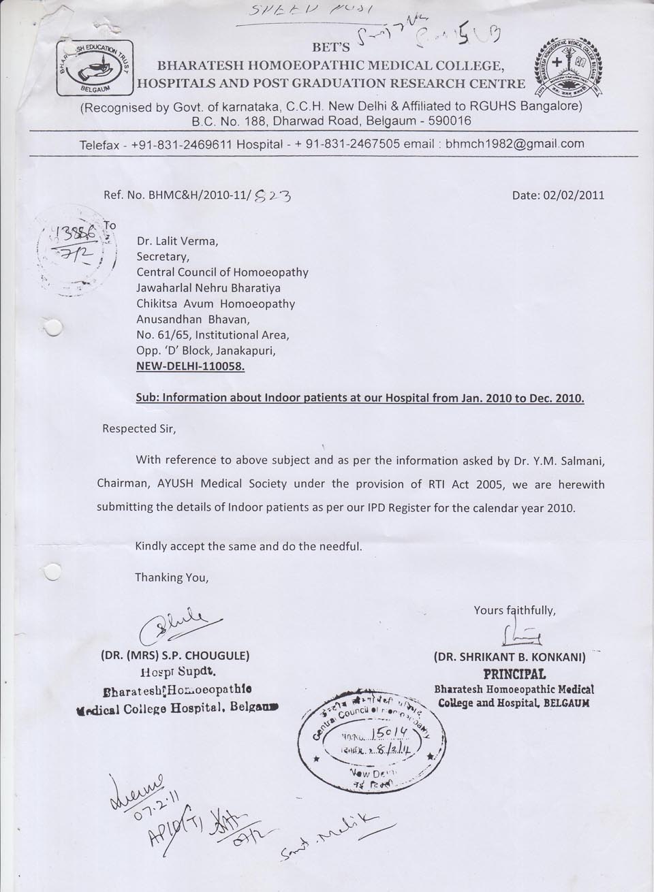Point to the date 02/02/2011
point(558,195)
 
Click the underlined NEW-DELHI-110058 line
point(191,366)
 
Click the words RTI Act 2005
point(486,484)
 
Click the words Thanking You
point(171,577)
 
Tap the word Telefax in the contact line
point(102,144)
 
